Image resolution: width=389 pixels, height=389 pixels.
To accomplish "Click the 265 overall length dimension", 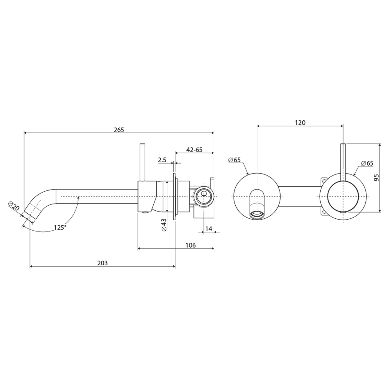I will coord(119,130).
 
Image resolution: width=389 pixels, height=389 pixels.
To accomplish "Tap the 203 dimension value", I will coord(102,263).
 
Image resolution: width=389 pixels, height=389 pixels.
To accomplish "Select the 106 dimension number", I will coord(191,245).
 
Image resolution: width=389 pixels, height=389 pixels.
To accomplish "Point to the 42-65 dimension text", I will coord(194,150).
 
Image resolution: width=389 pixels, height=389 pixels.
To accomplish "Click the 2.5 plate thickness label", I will coord(162,160).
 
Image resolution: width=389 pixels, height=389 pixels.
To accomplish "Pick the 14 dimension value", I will coord(209,228).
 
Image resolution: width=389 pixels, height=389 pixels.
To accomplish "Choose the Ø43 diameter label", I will coord(164,225).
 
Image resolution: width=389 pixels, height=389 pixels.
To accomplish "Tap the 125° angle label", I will coord(60,228).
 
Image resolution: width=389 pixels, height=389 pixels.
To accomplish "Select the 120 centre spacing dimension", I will coord(300,123).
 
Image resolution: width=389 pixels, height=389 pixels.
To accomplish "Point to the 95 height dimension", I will coord(376,178).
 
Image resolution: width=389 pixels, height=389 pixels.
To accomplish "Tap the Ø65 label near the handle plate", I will coord(367,163).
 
